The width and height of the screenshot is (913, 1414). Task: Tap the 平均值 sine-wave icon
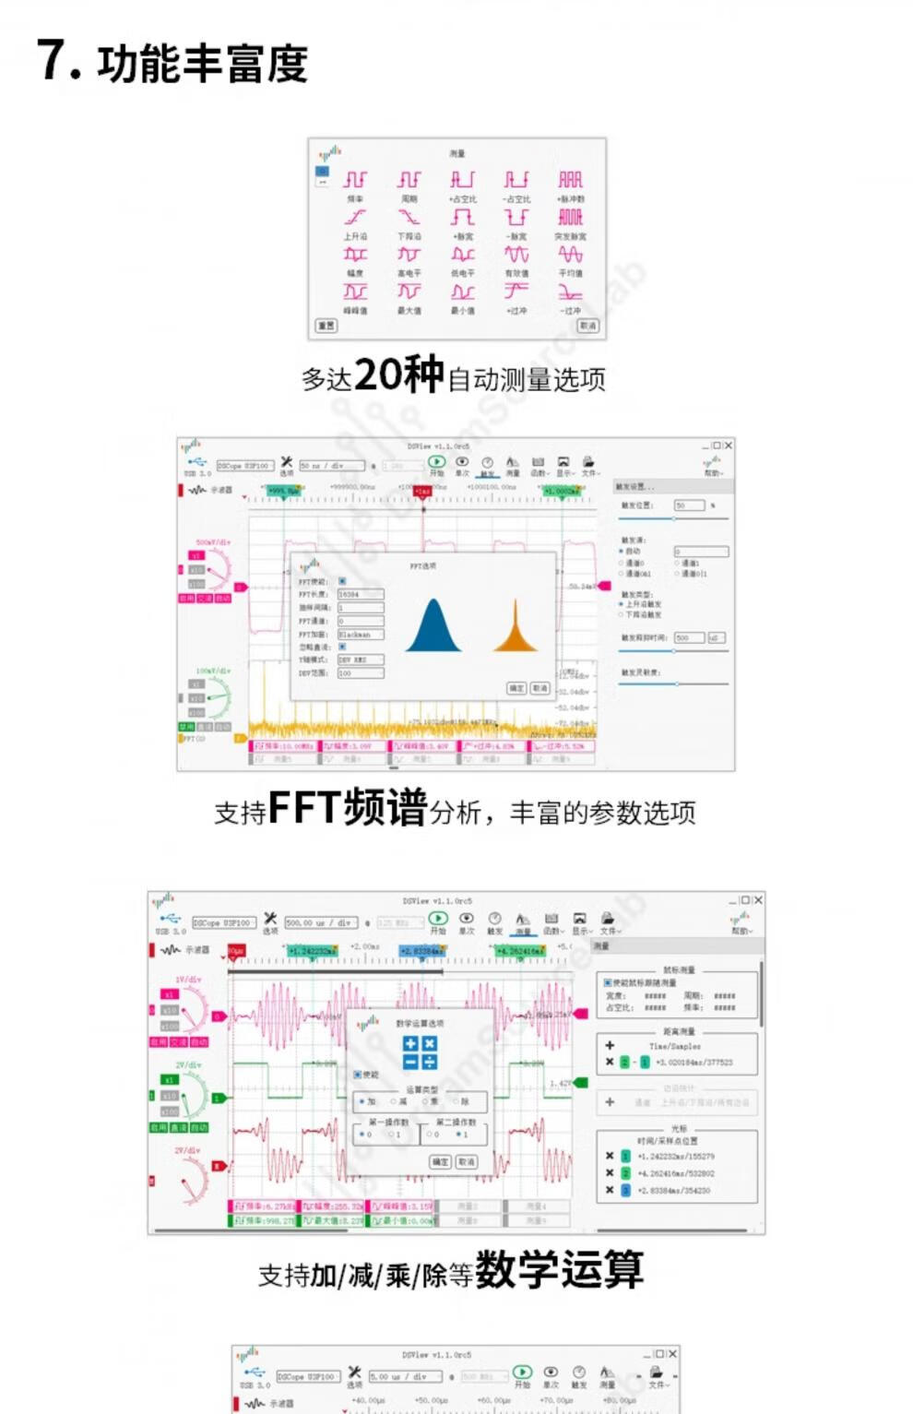pyautogui.click(x=570, y=255)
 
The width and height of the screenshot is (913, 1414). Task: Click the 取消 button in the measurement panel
pyautogui.click(x=587, y=326)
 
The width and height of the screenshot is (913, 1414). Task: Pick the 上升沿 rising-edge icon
pyautogui.click(x=355, y=218)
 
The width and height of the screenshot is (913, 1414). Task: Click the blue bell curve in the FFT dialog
pyautogui.click(x=433, y=626)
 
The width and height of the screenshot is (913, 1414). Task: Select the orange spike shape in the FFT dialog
pyautogui.click(x=516, y=627)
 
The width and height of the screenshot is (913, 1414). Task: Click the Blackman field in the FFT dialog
pyautogui.click(x=360, y=635)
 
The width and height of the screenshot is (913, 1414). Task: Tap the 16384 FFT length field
pyautogui.click(x=360, y=595)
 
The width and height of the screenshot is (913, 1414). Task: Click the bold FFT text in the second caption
pyautogui.click(x=303, y=808)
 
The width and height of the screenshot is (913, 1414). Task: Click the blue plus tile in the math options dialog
pyautogui.click(x=411, y=1043)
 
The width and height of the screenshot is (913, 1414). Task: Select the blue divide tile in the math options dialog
pyautogui.click(x=429, y=1062)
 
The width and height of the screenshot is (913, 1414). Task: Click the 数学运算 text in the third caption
pyautogui.click(x=559, y=1270)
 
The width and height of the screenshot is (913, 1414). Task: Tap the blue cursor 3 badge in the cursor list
pyautogui.click(x=625, y=1191)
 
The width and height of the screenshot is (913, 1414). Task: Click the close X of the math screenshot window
pyautogui.click(x=758, y=900)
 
